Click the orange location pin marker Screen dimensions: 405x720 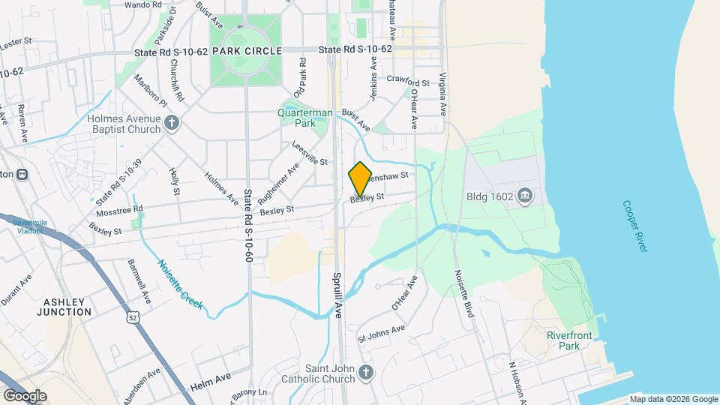[360, 178]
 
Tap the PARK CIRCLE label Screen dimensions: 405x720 [247, 50]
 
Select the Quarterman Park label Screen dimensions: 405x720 [305, 118]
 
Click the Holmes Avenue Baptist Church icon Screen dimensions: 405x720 [172, 123]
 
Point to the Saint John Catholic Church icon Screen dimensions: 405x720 [365, 373]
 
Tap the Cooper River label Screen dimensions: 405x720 [634, 226]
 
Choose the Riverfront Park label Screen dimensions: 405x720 [563, 340]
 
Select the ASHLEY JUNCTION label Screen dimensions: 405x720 [68, 306]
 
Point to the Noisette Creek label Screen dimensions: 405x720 [181, 283]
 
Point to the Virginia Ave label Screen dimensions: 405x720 [443, 94]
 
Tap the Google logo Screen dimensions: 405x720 [25, 395]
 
